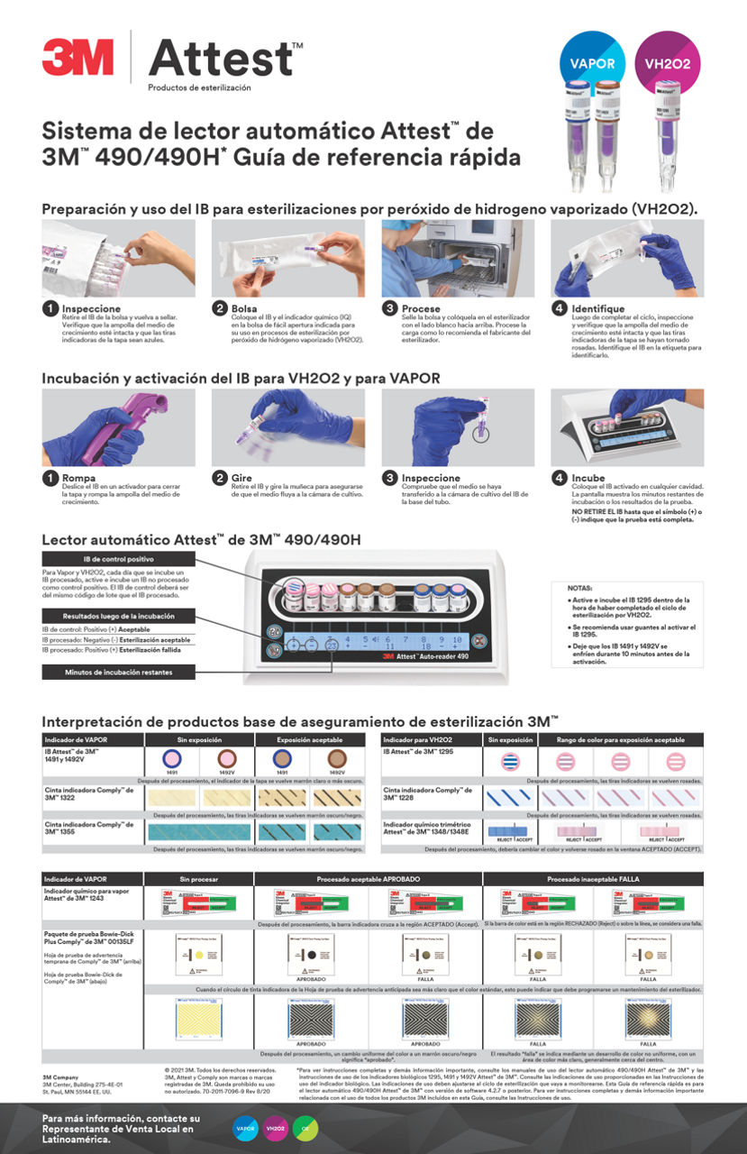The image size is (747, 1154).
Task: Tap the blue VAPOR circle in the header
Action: click(592, 63)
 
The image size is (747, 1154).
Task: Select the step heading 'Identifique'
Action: click(597, 308)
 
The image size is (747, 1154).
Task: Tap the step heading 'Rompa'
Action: click(79, 478)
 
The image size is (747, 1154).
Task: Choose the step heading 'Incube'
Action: click(589, 478)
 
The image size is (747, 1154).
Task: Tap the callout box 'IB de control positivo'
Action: click(117, 559)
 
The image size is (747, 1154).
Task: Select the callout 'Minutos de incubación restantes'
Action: click(117, 672)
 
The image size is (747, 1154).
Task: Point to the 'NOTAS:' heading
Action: click(580, 588)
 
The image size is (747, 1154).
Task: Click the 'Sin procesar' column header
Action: click(199, 878)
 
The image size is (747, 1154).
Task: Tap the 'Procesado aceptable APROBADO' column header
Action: click(369, 878)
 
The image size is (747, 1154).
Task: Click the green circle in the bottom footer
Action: click(305, 1128)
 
